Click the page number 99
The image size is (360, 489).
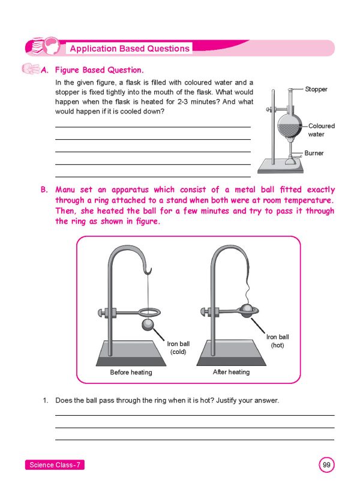(326, 465)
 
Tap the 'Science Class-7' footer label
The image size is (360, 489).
(55, 466)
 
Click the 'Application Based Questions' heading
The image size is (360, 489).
(130, 49)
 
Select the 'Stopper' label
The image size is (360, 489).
(316, 89)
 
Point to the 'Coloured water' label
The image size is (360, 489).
(322, 130)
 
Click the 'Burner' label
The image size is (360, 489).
(314, 154)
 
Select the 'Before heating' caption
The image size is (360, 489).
(131, 373)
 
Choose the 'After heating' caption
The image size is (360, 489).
(231, 372)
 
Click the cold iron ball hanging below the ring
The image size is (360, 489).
(148, 325)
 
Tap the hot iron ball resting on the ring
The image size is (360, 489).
(247, 309)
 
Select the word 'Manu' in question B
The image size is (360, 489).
(66, 190)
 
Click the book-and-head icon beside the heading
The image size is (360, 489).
(43, 47)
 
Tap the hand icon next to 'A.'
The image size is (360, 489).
(29, 70)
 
